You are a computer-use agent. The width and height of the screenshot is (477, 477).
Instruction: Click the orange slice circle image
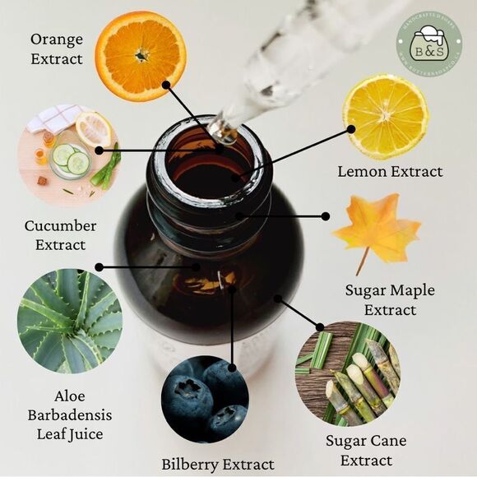pos(140,56)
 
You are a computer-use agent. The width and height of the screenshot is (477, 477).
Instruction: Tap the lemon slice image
pos(385,116)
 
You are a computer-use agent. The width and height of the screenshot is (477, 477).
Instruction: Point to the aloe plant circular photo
pos(70,321)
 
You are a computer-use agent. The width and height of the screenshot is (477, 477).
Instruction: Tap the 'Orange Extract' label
pos(57,49)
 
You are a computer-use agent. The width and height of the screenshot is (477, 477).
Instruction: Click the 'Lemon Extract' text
pos(390,172)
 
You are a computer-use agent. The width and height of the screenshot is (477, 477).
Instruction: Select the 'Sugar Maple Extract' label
pos(390,300)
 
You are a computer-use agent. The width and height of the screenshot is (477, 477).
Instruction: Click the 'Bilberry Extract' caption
pos(218,464)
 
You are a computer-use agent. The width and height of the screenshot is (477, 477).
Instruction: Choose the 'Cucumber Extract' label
pos(60,234)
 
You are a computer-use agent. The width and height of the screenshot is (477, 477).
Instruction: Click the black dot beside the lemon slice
pos(350,129)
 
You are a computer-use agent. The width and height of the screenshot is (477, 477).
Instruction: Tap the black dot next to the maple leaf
pos(326,216)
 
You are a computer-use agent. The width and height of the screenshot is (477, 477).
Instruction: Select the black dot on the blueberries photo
pos(233,368)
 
